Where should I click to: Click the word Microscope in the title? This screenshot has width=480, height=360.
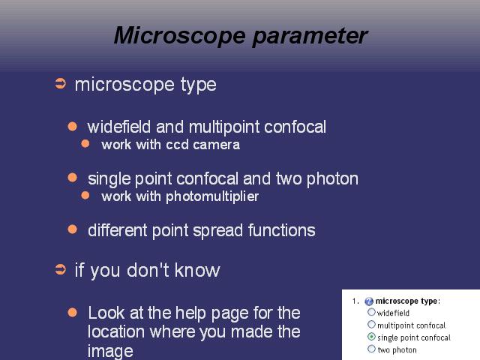click(x=180, y=35)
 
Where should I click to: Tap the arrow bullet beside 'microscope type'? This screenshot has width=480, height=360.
click(x=60, y=83)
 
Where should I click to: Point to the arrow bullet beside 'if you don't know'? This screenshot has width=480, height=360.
click(x=60, y=270)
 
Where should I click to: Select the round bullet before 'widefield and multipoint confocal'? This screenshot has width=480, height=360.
click(x=72, y=127)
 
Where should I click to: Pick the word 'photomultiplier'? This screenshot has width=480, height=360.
click(x=212, y=196)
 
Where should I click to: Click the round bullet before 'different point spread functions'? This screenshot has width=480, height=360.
click(x=72, y=229)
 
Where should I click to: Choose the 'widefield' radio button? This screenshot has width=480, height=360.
click(x=371, y=312)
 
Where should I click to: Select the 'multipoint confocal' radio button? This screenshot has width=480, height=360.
click(x=371, y=325)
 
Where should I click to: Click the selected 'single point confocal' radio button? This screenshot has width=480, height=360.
click(x=371, y=337)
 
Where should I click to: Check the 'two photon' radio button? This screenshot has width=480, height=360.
click(x=371, y=349)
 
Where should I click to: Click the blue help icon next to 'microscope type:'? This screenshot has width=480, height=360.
click(x=369, y=301)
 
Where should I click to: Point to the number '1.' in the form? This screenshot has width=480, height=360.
click(x=355, y=301)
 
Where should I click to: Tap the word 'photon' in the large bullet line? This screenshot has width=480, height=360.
click(x=332, y=179)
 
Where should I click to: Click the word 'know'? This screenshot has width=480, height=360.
click(x=197, y=270)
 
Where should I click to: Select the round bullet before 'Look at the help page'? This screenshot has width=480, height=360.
click(x=72, y=313)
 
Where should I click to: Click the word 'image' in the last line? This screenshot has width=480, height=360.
click(x=110, y=352)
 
